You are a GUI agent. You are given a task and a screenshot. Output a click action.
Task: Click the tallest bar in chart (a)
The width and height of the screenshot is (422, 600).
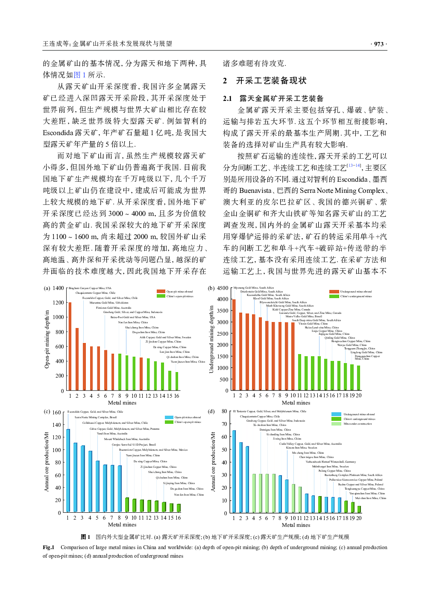[x=70, y=346]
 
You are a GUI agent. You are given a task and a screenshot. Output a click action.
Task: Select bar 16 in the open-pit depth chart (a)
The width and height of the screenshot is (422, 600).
[x=177, y=381]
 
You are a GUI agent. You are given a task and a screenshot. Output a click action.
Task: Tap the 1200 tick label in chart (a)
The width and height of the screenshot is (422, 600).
[x=58, y=303]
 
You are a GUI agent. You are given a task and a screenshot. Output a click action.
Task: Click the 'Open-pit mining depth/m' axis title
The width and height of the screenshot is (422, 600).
[x=47, y=339]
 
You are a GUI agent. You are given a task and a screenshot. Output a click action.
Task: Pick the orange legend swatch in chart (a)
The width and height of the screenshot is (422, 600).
[x=161, y=291]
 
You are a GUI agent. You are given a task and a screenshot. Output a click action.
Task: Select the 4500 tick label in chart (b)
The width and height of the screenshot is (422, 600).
[x=223, y=288]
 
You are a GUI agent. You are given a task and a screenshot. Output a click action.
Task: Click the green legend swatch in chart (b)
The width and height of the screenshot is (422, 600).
[x=334, y=296]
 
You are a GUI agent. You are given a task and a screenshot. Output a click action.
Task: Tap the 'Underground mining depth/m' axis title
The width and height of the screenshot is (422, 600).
[x=211, y=339]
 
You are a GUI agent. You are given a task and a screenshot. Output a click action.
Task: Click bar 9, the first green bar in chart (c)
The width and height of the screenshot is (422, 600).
[x=127, y=505]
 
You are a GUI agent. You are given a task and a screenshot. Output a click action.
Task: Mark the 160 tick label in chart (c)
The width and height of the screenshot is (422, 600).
[x=56, y=413]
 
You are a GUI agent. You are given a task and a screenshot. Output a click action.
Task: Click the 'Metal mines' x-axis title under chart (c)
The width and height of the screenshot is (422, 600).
[x=122, y=525]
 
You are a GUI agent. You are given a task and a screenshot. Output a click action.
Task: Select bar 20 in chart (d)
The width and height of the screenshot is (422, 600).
[x=359, y=509]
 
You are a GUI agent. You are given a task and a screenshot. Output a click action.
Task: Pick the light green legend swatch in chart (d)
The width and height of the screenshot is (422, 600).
[x=336, y=419]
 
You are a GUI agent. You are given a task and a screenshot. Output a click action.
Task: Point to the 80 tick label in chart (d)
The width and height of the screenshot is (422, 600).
[x=224, y=411]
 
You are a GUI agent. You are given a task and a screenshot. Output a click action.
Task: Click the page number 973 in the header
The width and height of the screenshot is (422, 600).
[x=378, y=44]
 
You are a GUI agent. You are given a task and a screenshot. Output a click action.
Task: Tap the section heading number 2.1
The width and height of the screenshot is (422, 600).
[x=227, y=99]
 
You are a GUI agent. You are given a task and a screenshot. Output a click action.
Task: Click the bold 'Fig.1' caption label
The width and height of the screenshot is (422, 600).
[x=48, y=547]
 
